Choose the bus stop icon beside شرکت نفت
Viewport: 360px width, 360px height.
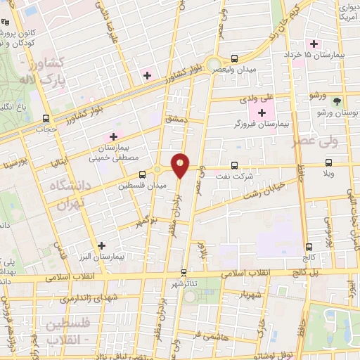click(235, 167)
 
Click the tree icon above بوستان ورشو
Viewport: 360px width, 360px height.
click(336, 101)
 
